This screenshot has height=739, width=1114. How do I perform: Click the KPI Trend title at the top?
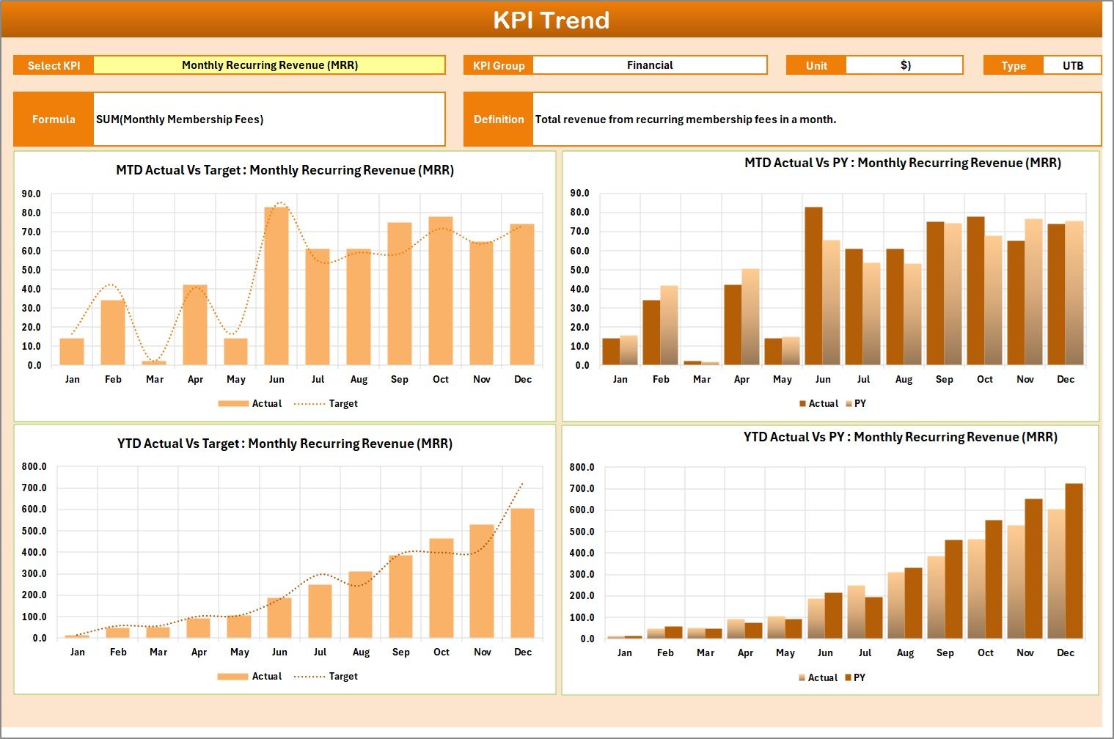click(x=551, y=20)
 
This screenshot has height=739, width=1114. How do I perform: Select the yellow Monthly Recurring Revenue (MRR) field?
click(x=269, y=65)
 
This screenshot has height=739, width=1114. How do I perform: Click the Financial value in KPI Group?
click(x=649, y=65)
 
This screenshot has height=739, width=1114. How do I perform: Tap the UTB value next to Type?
click(x=1072, y=65)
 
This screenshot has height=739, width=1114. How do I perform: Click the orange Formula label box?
click(x=54, y=119)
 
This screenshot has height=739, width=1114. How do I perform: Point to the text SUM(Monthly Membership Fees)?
click(x=180, y=119)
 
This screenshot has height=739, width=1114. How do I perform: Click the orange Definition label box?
click(x=499, y=119)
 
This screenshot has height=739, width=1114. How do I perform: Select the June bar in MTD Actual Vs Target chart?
click(x=276, y=286)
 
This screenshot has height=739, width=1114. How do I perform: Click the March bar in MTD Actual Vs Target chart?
click(x=154, y=362)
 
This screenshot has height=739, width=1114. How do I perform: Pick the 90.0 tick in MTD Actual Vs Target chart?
click(x=32, y=194)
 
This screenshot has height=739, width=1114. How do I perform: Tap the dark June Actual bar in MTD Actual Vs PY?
click(x=813, y=286)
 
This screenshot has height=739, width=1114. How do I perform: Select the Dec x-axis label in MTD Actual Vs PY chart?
click(x=1065, y=379)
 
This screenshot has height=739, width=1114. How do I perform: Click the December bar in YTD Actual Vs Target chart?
click(x=522, y=573)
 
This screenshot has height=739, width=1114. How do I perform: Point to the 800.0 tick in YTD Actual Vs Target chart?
click(x=34, y=466)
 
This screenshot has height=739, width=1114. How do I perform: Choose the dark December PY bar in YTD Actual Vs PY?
click(x=1074, y=561)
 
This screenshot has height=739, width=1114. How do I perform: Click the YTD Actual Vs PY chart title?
click(x=900, y=437)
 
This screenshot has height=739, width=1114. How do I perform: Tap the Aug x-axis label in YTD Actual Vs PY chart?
click(x=905, y=652)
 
